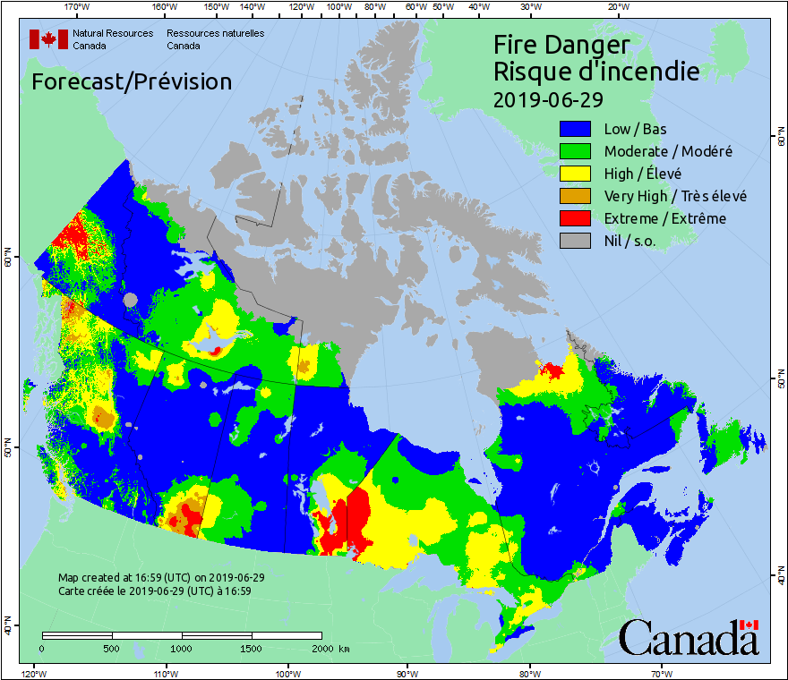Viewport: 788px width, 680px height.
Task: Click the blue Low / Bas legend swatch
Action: (x=576, y=129)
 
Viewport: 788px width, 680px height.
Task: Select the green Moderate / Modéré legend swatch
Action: (x=576, y=151)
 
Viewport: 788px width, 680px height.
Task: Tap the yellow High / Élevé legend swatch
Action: (x=576, y=174)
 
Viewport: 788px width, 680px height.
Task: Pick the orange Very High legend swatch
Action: (x=576, y=196)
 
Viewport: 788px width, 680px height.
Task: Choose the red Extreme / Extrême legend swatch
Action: (x=576, y=218)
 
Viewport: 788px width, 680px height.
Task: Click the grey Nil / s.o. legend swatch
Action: (x=576, y=241)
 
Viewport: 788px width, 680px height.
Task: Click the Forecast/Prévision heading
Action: (x=132, y=81)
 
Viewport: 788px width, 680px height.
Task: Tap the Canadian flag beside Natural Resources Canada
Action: (x=48, y=39)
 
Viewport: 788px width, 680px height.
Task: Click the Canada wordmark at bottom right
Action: (x=689, y=638)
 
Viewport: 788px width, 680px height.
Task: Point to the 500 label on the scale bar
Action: (x=112, y=648)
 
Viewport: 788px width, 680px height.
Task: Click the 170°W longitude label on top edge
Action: (x=78, y=7)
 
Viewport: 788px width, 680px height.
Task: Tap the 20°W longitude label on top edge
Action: (x=616, y=7)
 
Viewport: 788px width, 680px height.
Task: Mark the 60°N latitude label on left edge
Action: (x=8, y=260)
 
